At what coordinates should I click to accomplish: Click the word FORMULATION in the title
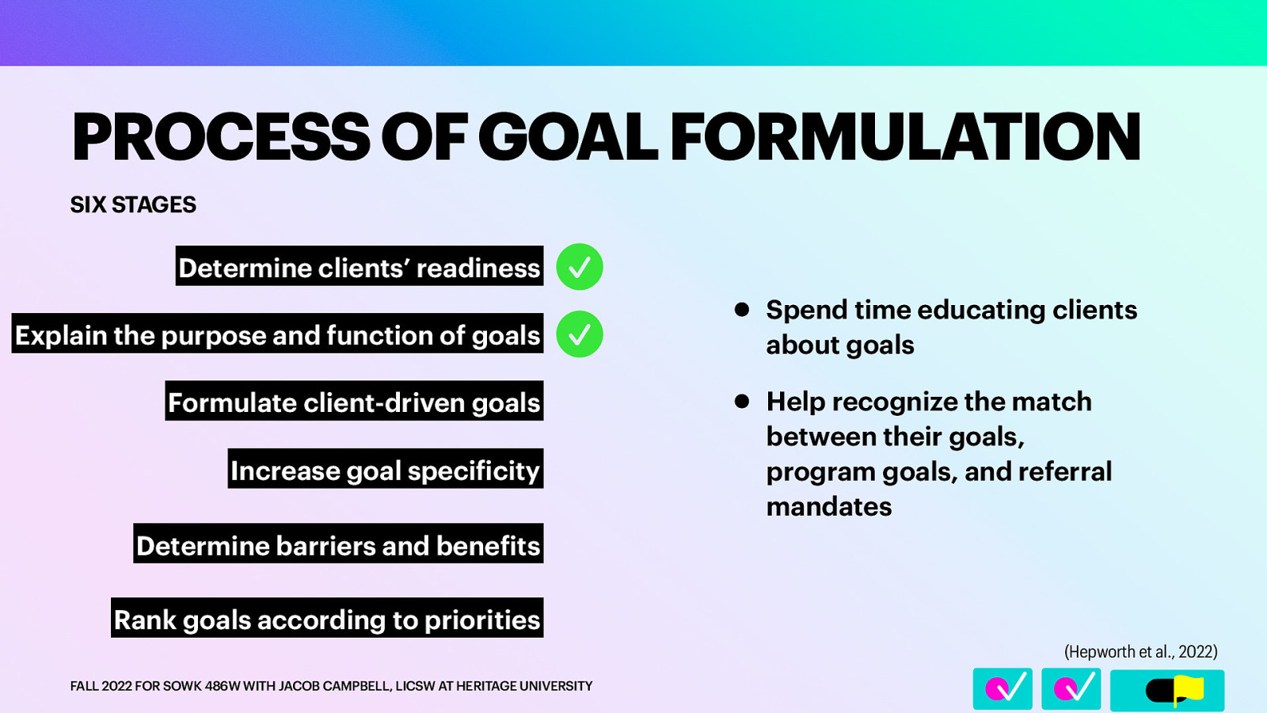click(x=905, y=137)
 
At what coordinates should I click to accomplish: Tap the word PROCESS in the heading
click(x=220, y=137)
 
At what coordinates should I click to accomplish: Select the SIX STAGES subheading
click(x=133, y=204)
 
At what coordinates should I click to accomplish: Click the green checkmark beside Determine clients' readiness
click(x=580, y=267)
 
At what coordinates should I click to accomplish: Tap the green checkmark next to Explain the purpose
click(x=580, y=334)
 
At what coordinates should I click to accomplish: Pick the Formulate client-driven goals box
click(x=354, y=402)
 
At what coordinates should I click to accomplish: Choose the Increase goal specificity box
click(x=385, y=470)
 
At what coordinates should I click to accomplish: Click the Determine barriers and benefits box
click(x=338, y=544)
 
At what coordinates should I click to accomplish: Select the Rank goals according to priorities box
click(x=327, y=618)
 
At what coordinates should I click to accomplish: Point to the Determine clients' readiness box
click(x=359, y=267)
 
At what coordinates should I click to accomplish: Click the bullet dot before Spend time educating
click(x=742, y=310)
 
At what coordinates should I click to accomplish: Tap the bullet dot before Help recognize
click(x=742, y=402)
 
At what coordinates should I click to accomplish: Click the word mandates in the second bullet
click(x=829, y=506)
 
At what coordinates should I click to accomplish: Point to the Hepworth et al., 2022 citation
click(x=1140, y=651)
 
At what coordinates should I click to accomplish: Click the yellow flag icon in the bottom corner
click(x=1188, y=689)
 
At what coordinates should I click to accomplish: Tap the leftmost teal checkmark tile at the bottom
click(x=1003, y=688)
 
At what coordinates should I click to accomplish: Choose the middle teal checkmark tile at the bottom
click(x=1071, y=688)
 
